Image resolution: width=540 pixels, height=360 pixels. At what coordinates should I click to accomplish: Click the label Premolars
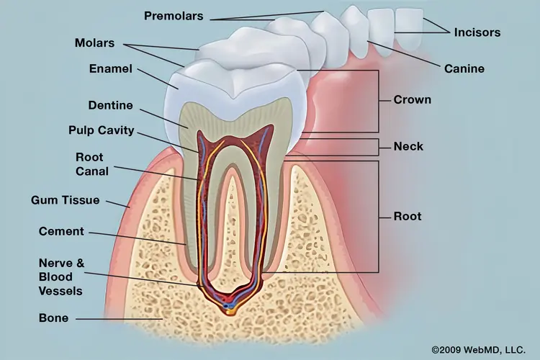[174, 16]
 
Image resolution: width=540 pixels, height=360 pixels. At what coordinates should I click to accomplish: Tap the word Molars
[95, 43]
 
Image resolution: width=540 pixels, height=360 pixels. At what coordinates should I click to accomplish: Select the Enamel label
[111, 68]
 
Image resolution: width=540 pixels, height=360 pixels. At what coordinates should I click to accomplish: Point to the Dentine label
[111, 105]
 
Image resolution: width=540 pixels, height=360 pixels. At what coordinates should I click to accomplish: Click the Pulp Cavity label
[102, 130]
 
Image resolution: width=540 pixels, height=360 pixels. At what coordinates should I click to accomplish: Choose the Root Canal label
[92, 164]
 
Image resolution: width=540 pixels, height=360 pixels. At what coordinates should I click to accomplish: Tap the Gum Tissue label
[65, 200]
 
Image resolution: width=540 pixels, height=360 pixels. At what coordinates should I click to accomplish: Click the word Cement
[61, 231]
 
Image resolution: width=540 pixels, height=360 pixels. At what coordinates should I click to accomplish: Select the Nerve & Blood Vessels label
[61, 277]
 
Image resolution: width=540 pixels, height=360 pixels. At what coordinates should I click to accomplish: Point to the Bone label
[54, 318]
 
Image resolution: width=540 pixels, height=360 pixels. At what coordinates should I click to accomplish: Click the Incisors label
[477, 32]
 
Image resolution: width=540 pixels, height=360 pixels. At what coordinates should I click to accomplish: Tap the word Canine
[464, 68]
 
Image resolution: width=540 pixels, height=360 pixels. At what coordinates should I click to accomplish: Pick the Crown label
[413, 99]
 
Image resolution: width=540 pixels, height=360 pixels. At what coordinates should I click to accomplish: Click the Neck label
[408, 146]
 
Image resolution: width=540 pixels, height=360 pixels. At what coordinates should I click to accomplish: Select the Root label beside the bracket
[408, 216]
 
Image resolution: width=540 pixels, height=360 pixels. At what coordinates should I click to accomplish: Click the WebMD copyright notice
[479, 350]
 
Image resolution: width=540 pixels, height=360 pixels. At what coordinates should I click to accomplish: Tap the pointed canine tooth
[355, 31]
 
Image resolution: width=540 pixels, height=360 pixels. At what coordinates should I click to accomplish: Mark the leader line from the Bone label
[119, 319]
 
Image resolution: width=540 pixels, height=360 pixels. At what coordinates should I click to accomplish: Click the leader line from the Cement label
[138, 238]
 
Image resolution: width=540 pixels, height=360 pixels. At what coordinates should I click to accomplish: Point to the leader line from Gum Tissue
[117, 204]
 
